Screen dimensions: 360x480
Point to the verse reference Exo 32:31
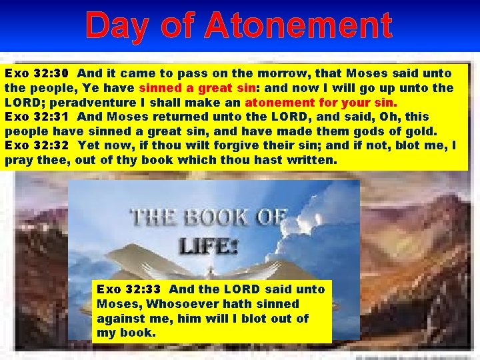(x=33, y=117)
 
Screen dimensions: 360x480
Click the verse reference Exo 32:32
(x=33, y=145)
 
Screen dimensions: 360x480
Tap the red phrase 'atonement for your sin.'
(x=321, y=103)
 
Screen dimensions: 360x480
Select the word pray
(x=19, y=160)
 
